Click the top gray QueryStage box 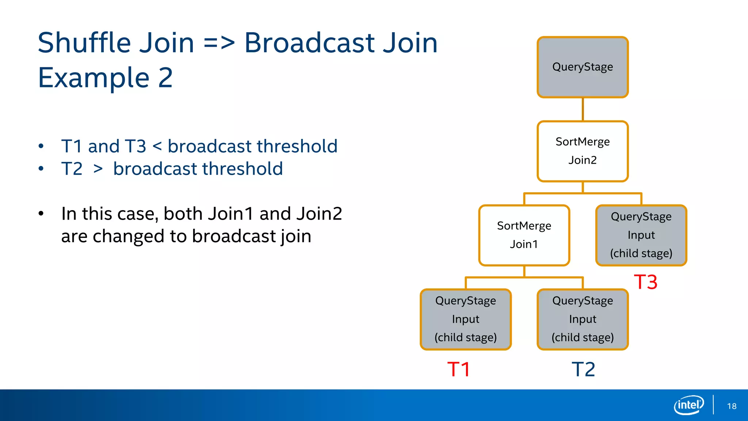pos(583,67)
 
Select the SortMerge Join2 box pos(583,151)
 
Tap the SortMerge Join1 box pos(524,235)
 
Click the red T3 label pos(645,282)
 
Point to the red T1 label pos(458,369)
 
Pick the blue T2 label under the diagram pos(583,369)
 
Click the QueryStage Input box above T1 pos(466,319)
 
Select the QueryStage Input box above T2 pos(583,319)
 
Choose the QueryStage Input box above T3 pos(641,235)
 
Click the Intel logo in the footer pos(688,405)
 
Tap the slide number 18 pos(732,406)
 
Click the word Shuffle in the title pos(84,43)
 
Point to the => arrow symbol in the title pos(219,43)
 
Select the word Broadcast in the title pos(309,43)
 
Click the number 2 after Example pos(165,78)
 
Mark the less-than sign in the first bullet pos(157,147)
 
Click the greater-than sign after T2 pos(98,169)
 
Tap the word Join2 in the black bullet pos(319,213)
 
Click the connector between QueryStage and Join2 pos(583,109)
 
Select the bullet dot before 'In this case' pos(41,214)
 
